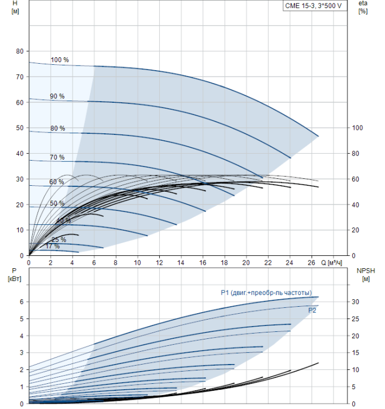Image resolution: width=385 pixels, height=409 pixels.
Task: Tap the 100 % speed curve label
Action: coord(60,60)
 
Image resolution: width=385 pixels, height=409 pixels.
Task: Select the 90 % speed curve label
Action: coord(57,96)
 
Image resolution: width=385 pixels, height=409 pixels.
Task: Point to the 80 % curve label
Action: coord(57,129)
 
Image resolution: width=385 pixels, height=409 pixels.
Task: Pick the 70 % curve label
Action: coord(57,158)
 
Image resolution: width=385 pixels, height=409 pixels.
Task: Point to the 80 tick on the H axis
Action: coord(19,51)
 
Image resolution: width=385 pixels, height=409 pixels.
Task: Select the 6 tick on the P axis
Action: coord(21,302)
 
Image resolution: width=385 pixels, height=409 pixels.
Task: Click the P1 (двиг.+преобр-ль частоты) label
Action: coord(266,293)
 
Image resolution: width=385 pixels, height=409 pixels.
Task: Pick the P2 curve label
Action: coord(312,310)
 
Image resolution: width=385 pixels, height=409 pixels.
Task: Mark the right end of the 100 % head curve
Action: coord(318,136)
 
